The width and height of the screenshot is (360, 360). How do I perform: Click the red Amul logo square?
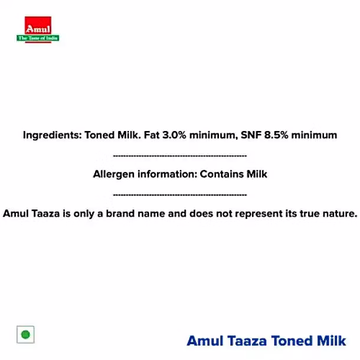pyautogui.click(x=38, y=25)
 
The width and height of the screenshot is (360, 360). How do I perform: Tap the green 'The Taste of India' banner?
pyautogui.click(x=38, y=38)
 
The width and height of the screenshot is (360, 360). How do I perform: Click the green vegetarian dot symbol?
pyautogui.click(x=25, y=335)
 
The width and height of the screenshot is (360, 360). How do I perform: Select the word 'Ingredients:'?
pyautogui.click(x=53, y=135)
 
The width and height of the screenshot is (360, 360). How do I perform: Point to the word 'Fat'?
pyautogui.click(x=152, y=135)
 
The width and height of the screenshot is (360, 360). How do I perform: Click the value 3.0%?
pyautogui.click(x=174, y=135)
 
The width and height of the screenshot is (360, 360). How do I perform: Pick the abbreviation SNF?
pyautogui.click(x=251, y=135)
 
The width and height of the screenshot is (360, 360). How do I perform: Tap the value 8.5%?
pyautogui.click(x=276, y=135)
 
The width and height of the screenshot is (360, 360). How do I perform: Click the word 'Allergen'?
pyautogui.click(x=114, y=175)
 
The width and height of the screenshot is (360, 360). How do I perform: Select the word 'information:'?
pyautogui.click(x=168, y=174)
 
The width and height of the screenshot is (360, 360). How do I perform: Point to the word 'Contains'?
pyautogui.click(x=221, y=174)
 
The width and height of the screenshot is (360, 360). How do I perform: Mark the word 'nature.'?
pyautogui.click(x=340, y=214)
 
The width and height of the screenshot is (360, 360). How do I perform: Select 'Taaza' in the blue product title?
pyautogui.click(x=247, y=341)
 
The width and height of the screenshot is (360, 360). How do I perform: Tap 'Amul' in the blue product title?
pyautogui.click(x=205, y=341)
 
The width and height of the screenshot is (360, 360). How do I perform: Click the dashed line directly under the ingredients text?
pyautogui.click(x=180, y=156)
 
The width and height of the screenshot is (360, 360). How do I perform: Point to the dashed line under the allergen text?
pyautogui.click(x=180, y=195)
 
